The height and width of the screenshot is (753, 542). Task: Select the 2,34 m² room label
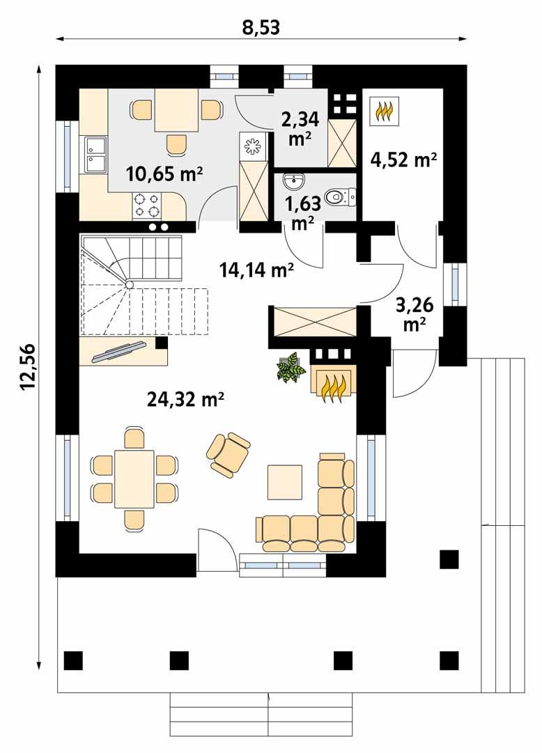pos(300,127)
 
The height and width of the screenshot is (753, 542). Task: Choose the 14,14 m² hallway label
pos(256,270)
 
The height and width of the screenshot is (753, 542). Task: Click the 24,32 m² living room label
pos(185,398)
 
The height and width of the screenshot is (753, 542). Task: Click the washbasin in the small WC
pos(295,182)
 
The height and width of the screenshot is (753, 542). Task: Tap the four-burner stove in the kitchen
pos(147,203)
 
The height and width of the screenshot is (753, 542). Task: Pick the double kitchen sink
pos(94,154)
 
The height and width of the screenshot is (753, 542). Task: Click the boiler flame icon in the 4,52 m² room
pos(385,110)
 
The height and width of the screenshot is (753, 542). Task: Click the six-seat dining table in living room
pos(134,479)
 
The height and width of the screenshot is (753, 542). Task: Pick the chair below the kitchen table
pos(177,144)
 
